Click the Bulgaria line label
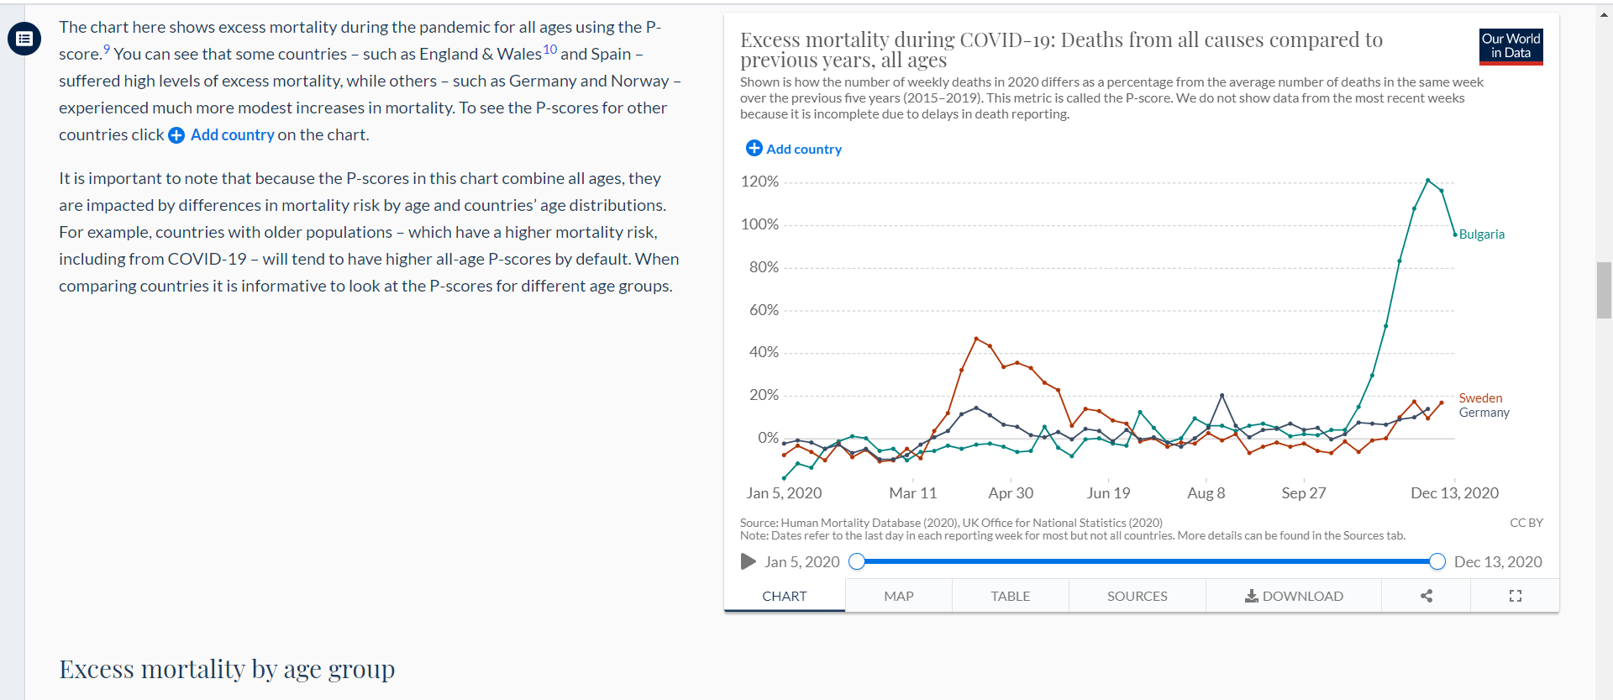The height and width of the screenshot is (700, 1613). coord(1482,234)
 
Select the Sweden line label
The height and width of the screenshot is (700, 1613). coord(1480,398)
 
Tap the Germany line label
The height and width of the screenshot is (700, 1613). coord(1484,413)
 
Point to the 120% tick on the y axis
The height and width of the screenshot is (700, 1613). coord(759,182)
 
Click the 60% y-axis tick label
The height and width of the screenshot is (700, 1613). coord(764,310)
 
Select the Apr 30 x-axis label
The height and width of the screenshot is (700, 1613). coord(1011,493)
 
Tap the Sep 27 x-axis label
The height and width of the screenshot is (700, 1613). coord(1304,493)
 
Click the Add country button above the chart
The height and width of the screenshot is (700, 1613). coord(794,149)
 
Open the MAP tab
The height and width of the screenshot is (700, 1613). coord(899,596)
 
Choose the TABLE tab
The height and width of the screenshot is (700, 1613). coord(1011,596)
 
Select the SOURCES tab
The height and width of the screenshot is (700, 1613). coord(1138,596)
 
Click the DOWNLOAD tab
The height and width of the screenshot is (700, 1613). coord(1294,596)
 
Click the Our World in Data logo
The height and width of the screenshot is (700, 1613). coord(1511,46)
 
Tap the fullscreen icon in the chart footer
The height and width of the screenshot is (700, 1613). coord(1516,596)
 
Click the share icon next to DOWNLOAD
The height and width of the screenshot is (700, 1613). coord(1426,596)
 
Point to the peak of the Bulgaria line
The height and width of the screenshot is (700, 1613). coord(1428,180)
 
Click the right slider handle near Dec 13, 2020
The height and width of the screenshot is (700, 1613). coord(1437,561)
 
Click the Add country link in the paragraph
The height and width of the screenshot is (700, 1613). coord(222,135)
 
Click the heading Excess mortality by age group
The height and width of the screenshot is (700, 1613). coord(227,669)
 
